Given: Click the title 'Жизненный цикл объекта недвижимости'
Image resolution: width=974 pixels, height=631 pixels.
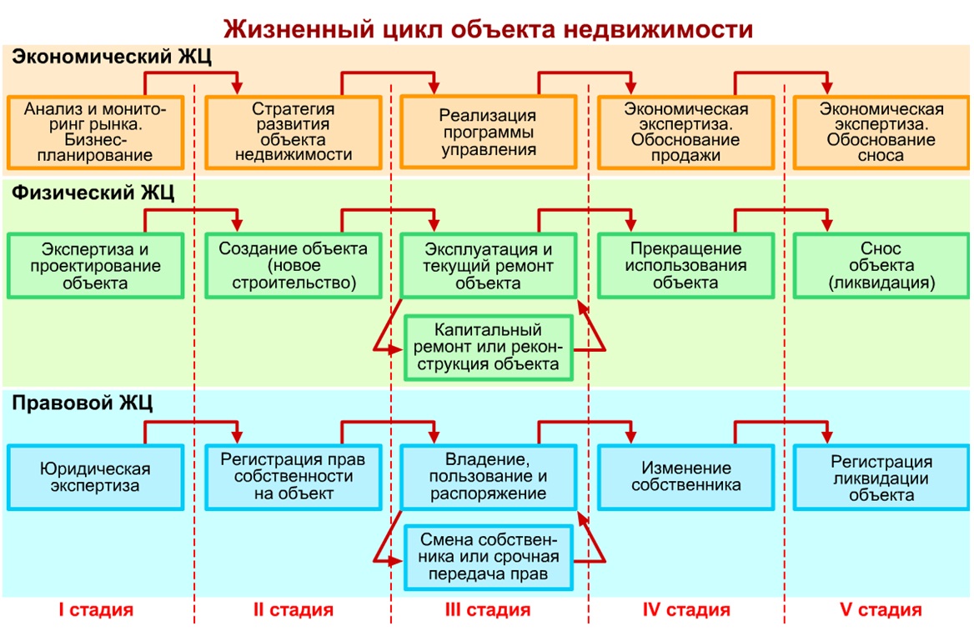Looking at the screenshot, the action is (488, 28).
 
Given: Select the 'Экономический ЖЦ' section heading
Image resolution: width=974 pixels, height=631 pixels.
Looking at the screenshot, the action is (112, 57).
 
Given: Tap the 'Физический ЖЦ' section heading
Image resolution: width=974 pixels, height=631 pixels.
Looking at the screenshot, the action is (93, 193).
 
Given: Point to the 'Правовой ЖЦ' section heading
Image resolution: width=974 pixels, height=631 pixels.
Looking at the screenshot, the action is (82, 403).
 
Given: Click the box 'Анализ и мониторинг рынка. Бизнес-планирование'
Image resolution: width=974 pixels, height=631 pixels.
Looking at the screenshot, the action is (95, 133).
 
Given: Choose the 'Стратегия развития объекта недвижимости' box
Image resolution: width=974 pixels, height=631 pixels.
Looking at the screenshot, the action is (294, 133).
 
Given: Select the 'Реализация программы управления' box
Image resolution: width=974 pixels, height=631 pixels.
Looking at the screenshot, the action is (488, 132).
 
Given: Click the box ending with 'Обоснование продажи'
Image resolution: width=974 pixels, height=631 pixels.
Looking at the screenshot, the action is (685, 133).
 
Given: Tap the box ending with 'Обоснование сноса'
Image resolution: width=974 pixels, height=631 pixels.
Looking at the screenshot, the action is (881, 133).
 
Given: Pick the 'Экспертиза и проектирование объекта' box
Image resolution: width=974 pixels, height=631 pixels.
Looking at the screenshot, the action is (95, 266).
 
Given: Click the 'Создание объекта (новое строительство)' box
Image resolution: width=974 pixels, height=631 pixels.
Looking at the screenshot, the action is (294, 266).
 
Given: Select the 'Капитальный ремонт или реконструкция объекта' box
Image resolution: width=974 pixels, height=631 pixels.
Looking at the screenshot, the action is (488, 347).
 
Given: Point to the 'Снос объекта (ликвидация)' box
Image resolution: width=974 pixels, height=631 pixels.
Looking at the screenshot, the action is (881, 266).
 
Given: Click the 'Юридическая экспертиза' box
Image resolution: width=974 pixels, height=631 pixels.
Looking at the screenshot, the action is (95, 478).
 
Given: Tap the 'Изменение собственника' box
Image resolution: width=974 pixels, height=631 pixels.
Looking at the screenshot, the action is (685, 478).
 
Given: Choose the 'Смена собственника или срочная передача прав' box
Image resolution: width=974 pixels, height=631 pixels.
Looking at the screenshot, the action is (488, 557).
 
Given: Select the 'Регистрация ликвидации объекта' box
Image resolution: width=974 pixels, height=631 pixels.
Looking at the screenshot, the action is (881, 478).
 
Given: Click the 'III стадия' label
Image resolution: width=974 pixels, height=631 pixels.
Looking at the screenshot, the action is (488, 610).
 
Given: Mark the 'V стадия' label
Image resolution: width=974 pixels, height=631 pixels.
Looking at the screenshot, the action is (881, 610).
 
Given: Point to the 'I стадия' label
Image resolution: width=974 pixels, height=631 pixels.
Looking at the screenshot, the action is (96, 610).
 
